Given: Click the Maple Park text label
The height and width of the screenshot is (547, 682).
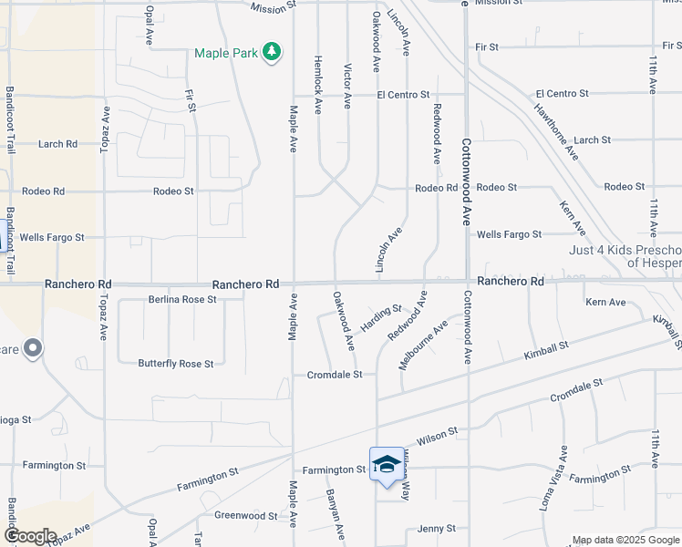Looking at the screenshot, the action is (226, 53).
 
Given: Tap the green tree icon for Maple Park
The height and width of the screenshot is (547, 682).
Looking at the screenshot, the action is (271, 52).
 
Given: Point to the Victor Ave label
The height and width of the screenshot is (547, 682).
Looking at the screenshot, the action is (346, 87).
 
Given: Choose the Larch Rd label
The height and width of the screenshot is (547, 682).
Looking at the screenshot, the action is (57, 143).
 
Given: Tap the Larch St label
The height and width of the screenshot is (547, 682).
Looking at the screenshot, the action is (592, 139).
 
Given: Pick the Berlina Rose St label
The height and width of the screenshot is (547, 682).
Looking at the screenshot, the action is (182, 299).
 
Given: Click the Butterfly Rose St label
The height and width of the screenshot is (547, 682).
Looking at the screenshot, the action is (176, 364).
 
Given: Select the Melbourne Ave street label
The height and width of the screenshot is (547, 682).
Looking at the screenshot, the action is (423, 345).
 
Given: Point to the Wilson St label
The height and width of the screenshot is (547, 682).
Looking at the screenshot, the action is (438, 438).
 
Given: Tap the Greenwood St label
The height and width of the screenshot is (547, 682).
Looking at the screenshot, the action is (245, 515).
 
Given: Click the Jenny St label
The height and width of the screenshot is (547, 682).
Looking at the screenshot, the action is (436, 529).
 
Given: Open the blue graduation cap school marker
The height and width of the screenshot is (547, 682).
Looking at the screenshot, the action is (386, 465).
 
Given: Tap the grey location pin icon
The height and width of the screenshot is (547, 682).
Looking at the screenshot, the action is (33, 348).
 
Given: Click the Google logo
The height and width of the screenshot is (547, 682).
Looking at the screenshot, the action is (30, 536).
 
